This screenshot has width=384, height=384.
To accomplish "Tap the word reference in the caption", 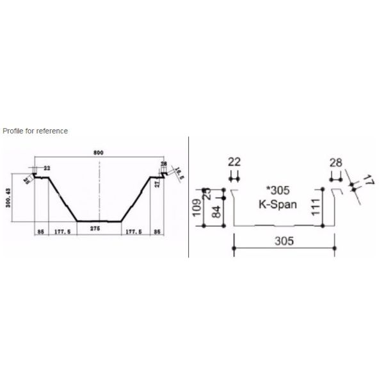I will click(52, 131).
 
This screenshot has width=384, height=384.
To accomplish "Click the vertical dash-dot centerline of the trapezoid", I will click(99, 192).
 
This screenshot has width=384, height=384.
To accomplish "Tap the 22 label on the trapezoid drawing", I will click(47, 168).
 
